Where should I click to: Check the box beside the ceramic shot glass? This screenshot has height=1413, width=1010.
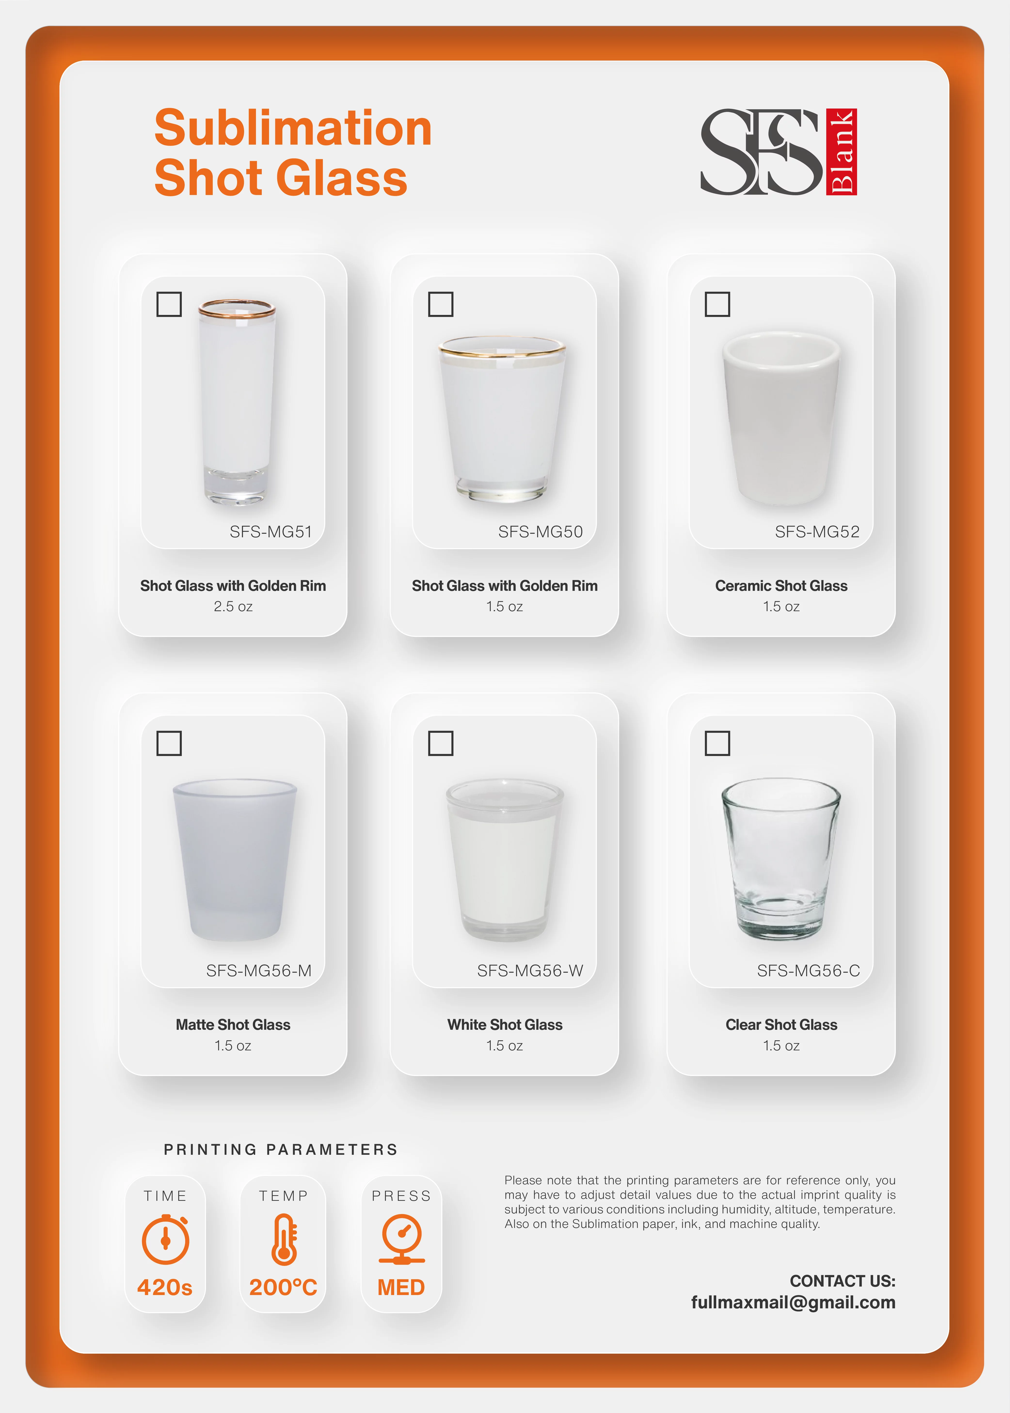717,304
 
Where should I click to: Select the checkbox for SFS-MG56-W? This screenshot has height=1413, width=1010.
440,743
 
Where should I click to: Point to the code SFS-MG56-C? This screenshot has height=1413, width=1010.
808,970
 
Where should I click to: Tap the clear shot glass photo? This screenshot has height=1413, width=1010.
780,858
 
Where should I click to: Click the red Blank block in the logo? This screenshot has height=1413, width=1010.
842,152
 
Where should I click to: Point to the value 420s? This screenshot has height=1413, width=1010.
165,1287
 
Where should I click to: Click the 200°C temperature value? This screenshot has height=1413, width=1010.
283,1287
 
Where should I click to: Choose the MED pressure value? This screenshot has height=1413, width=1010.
401,1287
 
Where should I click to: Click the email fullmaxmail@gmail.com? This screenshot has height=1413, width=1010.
793,1302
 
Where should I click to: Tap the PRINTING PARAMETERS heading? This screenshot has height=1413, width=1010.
280,1149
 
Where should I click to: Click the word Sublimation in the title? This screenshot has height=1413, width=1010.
293,128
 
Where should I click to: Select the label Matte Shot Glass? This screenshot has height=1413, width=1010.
233,1024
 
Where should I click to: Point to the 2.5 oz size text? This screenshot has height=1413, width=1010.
233,607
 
